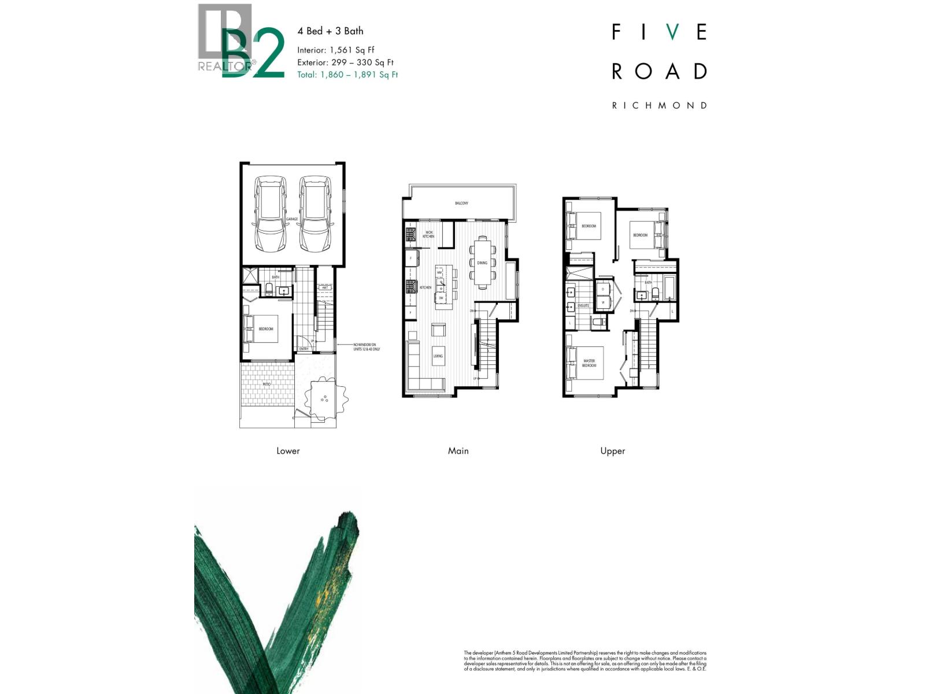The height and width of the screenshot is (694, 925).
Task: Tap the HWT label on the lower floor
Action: [x=325, y=287]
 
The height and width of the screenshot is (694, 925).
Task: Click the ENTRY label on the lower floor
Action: [x=304, y=349]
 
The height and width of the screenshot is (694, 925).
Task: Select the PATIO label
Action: [x=266, y=384]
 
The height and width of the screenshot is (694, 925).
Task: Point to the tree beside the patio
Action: [x=324, y=397]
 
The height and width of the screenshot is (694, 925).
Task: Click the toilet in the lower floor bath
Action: [x=269, y=289]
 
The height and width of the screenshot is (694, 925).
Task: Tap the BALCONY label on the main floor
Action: [x=461, y=203]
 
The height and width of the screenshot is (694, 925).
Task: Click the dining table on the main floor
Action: [x=482, y=263]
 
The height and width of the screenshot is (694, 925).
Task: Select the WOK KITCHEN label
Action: [x=428, y=234]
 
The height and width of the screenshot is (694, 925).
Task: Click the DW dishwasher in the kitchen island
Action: [x=441, y=298]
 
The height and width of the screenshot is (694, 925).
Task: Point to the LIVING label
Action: [x=438, y=356]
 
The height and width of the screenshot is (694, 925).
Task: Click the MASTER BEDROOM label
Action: [x=589, y=363]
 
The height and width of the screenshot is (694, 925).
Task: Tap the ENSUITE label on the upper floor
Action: [x=583, y=305]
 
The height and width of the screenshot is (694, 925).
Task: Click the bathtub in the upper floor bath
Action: [x=669, y=289]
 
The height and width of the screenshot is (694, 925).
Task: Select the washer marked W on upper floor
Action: [x=604, y=302]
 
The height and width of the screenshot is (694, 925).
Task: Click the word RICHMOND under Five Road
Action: [x=659, y=105]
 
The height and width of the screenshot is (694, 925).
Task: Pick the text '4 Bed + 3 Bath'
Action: [x=330, y=31]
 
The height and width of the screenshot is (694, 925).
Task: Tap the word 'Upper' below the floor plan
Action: [x=612, y=451]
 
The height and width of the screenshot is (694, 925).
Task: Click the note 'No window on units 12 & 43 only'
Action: [x=367, y=347]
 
